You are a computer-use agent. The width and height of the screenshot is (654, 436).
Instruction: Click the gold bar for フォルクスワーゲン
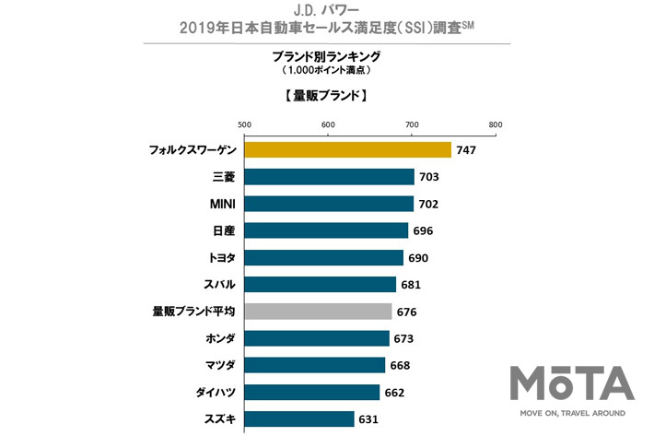(347, 149)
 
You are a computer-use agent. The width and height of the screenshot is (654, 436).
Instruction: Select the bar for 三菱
(329, 177)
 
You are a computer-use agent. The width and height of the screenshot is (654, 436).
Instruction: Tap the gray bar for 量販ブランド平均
(318, 312)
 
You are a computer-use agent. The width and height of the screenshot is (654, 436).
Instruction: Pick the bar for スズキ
(299, 419)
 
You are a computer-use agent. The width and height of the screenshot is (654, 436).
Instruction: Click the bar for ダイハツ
(312, 392)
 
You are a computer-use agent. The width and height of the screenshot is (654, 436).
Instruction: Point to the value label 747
(466, 149)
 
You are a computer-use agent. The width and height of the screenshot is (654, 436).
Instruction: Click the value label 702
(428, 204)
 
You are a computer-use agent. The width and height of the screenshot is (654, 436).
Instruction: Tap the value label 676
(406, 312)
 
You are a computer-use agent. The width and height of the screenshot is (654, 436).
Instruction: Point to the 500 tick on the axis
(244, 124)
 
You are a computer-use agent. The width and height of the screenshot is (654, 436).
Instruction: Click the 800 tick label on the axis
(496, 124)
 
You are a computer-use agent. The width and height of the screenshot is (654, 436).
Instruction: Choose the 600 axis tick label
(328, 124)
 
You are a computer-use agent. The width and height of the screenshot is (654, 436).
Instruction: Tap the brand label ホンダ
(217, 338)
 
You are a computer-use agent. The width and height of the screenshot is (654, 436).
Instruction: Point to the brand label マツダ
(217, 365)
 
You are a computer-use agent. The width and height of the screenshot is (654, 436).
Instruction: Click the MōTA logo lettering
(572, 383)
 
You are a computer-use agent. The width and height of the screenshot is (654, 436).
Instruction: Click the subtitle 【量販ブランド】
(327, 95)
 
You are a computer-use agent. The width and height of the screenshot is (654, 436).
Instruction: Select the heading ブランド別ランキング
(328, 56)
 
